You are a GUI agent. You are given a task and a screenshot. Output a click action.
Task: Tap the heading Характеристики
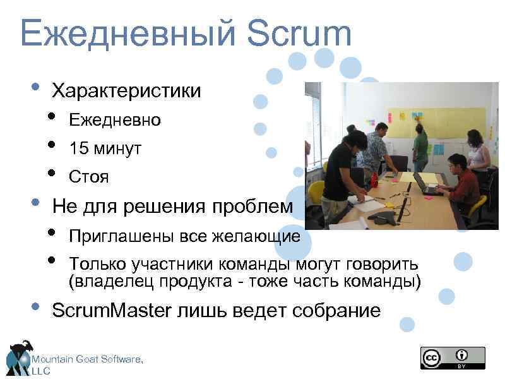tap(126, 91)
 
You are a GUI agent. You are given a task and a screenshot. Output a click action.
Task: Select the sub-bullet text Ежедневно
tap(115, 120)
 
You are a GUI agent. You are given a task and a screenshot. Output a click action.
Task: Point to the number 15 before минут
tap(78, 149)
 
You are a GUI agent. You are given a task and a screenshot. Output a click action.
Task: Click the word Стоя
tap(89, 177)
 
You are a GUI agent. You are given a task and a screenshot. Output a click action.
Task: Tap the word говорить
tap(383, 263)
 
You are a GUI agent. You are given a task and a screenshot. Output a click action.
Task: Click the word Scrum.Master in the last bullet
tap(110, 310)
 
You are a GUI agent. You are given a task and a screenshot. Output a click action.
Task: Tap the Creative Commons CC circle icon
tap(432, 358)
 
